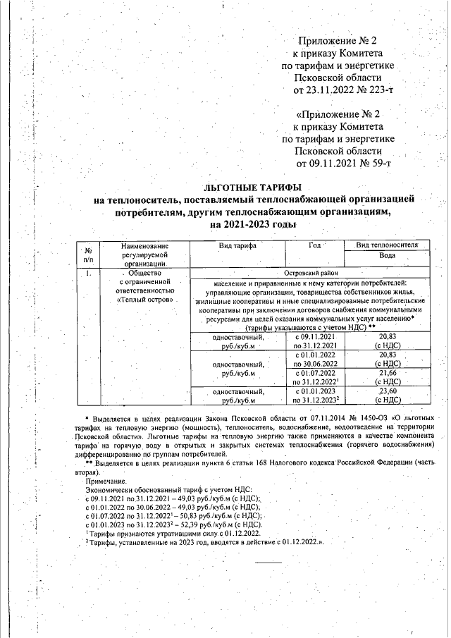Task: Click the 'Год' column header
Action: pos(314,245)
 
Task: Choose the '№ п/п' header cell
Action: pos(89,254)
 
